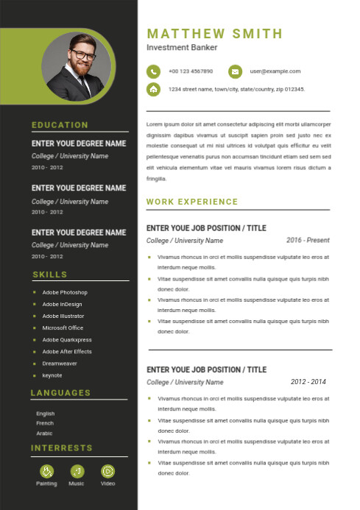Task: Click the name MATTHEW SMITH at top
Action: [214, 33]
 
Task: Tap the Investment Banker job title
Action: [182, 47]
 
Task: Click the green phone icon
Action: [153, 71]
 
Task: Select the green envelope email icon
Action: [235, 71]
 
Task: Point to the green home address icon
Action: [153, 89]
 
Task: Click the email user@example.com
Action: [275, 71]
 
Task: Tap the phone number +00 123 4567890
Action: [191, 71]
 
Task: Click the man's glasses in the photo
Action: [82, 56]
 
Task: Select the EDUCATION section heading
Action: [60, 125]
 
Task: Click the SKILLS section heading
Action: [49, 275]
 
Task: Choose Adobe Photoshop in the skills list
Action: [65, 292]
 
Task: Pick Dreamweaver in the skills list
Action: [60, 364]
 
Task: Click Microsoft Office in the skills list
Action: [63, 327]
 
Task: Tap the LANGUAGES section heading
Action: [60, 393]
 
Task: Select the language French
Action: [45, 423]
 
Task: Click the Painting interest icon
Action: [46, 470]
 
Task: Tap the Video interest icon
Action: [107, 470]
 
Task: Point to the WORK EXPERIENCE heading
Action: [192, 202]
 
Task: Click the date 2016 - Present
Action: [308, 240]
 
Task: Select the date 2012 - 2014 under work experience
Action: [308, 382]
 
